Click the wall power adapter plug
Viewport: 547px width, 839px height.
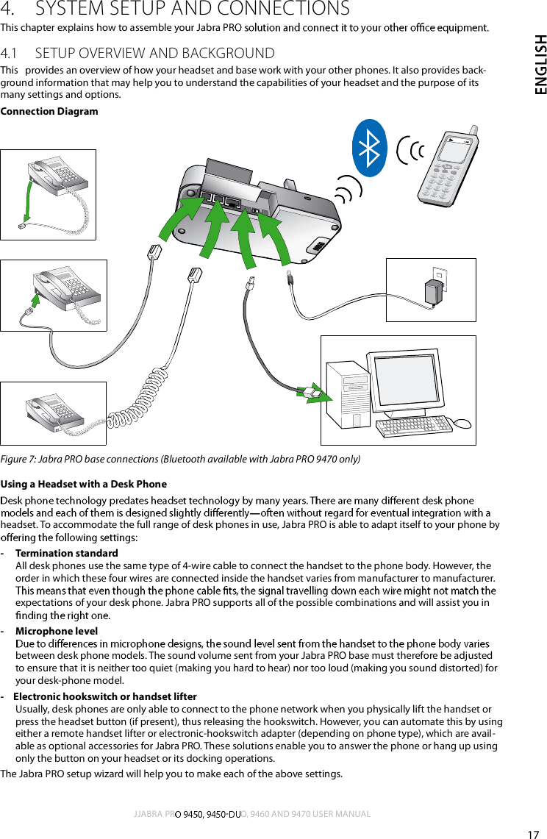click(433, 293)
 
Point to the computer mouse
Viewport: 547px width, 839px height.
click(462, 424)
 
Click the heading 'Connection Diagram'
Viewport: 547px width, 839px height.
click(49, 112)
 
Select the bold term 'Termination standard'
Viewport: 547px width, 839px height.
click(66, 553)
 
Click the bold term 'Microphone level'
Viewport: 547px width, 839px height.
click(57, 632)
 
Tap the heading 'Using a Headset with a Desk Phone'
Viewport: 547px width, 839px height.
click(84, 484)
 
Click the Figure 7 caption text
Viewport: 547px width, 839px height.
click(180, 460)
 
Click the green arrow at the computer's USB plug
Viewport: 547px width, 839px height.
click(309, 392)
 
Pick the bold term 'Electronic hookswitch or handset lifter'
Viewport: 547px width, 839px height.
click(105, 697)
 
